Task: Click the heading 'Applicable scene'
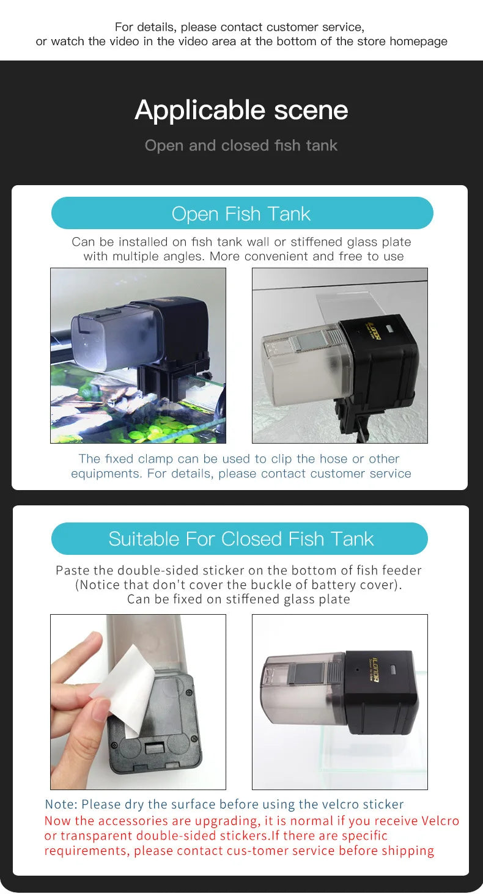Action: click(x=242, y=111)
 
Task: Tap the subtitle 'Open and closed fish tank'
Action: click(x=242, y=145)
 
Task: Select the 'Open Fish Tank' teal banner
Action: click(x=242, y=213)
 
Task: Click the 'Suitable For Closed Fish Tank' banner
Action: click(x=240, y=539)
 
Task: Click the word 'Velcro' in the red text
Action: click(x=440, y=821)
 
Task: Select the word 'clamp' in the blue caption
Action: click(x=156, y=459)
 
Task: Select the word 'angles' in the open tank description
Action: click(x=181, y=257)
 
